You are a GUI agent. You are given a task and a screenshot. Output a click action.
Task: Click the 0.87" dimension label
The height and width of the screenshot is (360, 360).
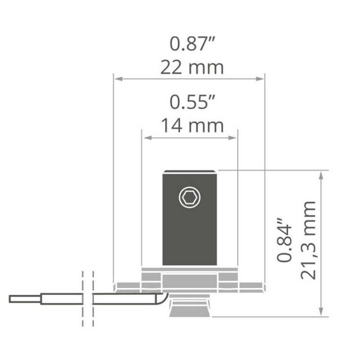[192, 44]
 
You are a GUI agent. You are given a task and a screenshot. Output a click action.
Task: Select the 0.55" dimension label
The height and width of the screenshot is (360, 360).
[192, 102]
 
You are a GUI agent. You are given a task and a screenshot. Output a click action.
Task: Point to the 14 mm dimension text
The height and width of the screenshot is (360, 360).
[192, 126]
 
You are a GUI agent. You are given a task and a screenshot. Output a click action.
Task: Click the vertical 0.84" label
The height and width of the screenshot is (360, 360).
[284, 240]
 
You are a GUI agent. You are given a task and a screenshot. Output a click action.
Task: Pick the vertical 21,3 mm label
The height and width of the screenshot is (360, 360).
[308, 240]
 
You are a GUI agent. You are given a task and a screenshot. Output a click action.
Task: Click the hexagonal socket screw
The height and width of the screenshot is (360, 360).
[190, 197]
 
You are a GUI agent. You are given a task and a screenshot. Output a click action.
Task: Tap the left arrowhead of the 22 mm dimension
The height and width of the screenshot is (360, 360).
[118, 79]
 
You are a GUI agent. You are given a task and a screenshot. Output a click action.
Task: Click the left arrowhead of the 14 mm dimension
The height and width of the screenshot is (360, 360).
[147, 138]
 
